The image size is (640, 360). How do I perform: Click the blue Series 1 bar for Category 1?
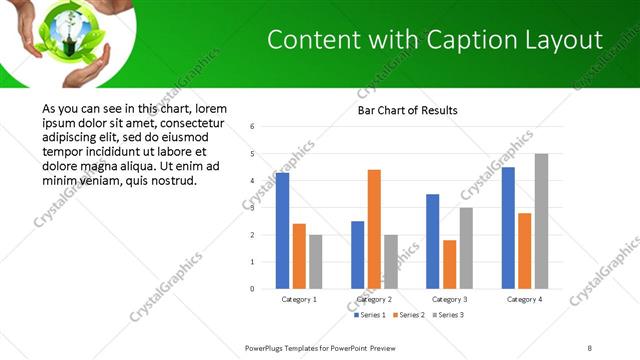click(x=282, y=231)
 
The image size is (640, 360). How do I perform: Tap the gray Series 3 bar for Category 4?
click(x=541, y=221)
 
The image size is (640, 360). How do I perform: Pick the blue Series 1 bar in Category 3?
click(x=432, y=241)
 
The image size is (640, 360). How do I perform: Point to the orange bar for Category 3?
click(x=449, y=264)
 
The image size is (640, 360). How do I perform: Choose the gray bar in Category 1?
click(x=316, y=262)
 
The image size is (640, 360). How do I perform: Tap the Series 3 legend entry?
click(x=446, y=315)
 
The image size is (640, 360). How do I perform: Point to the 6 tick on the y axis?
click(x=253, y=127)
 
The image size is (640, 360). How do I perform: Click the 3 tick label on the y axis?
click(x=253, y=208)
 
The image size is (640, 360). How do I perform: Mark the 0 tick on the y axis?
click(x=253, y=289)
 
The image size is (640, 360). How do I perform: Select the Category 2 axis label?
click(x=374, y=299)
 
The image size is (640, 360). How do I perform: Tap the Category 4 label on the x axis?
click(x=525, y=299)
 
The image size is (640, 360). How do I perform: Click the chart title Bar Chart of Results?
click(x=407, y=109)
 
